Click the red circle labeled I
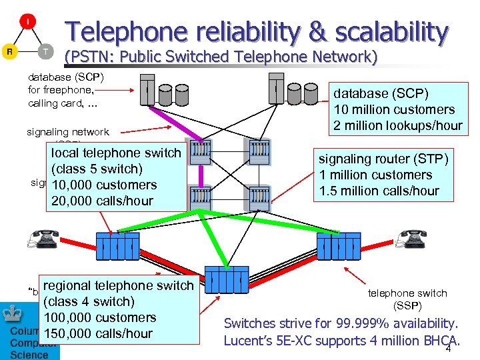[27, 22]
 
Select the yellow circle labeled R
[10, 51]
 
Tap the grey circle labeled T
[45, 51]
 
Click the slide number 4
[449, 349]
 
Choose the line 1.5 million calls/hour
[379, 191]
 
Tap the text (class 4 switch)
[89, 301]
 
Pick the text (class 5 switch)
[97, 169]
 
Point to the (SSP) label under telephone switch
[407, 305]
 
